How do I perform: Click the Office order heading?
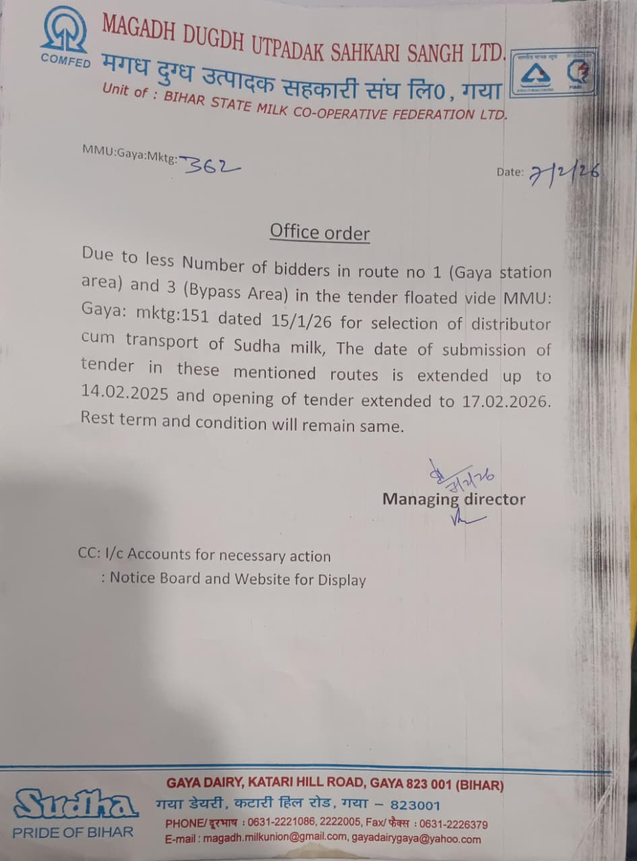pos(320,232)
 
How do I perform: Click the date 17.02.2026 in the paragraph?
pos(504,402)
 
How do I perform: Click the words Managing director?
pos(454,499)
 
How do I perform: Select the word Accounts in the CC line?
pos(159,555)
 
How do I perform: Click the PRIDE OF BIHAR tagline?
pos(73,832)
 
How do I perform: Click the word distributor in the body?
pos(510,324)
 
